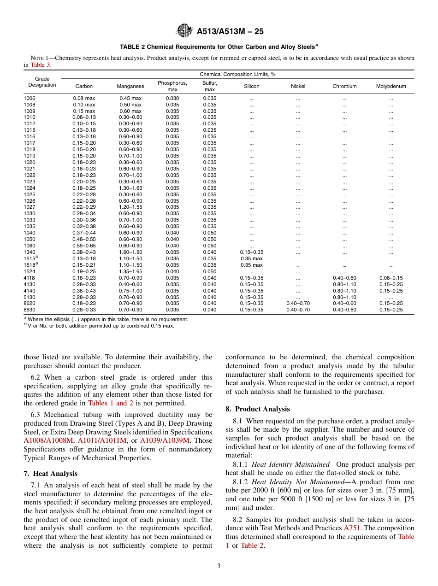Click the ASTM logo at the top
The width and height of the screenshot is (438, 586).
pyautogui.click(x=184, y=31)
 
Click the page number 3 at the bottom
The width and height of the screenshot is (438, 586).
pyautogui.click(x=219, y=566)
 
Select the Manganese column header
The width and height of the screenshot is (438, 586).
pyautogui.click(x=130, y=86)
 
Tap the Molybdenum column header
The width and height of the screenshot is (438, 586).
pyautogui.click(x=391, y=86)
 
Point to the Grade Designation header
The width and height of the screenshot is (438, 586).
pyautogui.click(x=42, y=82)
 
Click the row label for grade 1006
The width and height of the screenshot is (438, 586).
pyautogui.click(x=30, y=98)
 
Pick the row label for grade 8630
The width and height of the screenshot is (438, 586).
pyautogui.click(x=30, y=310)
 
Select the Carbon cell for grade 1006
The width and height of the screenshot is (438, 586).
pyautogui.click(x=84, y=98)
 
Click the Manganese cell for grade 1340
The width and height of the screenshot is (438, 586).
pyautogui.click(x=130, y=252)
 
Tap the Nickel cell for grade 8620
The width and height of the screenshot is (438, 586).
pyautogui.click(x=298, y=304)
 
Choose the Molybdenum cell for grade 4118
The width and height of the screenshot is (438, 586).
pyautogui.click(x=391, y=278)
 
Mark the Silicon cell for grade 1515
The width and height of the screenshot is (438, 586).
pyautogui.click(x=252, y=258)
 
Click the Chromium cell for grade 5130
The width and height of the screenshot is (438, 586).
pyautogui.click(x=344, y=297)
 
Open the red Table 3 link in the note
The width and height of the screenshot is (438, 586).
pyautogui.click(x=41, y=65)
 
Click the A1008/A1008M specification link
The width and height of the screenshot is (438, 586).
pyautogui.click(x=49, y=440)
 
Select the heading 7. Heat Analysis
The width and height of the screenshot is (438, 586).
pyautogui.click(x=50, y=474)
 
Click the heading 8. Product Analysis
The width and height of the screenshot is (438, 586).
pyautogui.click(x=257, y=409)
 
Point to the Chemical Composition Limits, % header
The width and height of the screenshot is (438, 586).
pyautogui.click(x=237, y=74)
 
